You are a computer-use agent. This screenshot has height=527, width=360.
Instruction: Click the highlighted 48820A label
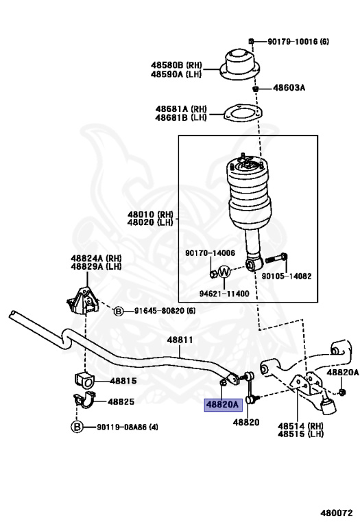click(x=224, y=405)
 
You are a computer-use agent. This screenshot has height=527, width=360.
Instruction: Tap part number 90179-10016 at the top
click(x=293, y=42)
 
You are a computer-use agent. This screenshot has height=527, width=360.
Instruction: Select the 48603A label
click(x=289, y=88)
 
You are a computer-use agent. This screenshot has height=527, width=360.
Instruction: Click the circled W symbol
click(x=224, y=272)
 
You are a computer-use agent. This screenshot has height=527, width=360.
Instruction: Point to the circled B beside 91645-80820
click(x=118, y=312)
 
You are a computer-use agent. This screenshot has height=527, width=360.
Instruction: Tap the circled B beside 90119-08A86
click(x=77, y=427)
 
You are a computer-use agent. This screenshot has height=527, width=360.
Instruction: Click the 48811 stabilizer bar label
click(x=180, y=340)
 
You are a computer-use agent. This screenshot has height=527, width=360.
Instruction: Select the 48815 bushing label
click(x=123, y=381)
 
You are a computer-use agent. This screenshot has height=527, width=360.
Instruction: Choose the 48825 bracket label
click(x=121, y=401)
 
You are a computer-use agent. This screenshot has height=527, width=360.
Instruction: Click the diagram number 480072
click(x=337, y=513)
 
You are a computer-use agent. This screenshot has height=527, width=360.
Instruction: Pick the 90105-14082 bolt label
click(x=287, y=277)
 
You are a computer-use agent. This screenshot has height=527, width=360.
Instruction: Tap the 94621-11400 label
click(x=224, y=294)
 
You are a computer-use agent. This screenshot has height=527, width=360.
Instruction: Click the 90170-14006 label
click(x=210, y=253)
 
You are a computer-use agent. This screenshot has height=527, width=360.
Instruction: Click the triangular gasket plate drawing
click(x=243, y=112)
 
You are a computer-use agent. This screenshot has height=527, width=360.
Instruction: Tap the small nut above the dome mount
click(x=251, y=41)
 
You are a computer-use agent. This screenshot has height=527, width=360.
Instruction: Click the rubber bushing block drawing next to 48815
click(x=83, y=379)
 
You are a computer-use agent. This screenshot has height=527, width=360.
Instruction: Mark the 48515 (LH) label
click(x=300, y=434)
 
